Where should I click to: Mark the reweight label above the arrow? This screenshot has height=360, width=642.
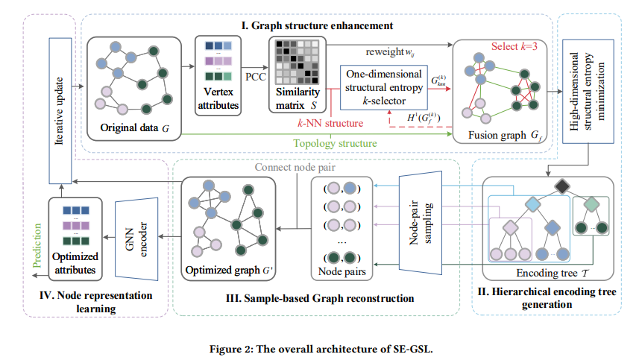(x=388, y=51)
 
